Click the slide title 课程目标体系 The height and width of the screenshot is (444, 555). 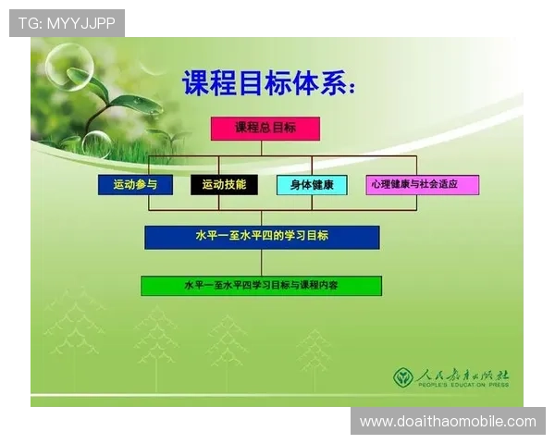tap(268, 84)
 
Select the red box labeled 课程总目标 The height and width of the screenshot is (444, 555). tap(265, 129)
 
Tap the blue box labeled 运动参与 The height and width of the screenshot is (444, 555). tap(135, 184)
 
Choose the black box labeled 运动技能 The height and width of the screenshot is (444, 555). tap(224, 184)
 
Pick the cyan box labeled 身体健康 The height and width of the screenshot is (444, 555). tap(312, 184)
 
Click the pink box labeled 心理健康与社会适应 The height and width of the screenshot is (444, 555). tap(422, 184)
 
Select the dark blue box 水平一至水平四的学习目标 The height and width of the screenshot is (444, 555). tap(262, 237)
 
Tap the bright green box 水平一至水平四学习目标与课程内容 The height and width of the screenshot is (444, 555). tap(261, 286)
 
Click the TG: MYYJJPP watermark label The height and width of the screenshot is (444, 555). tap(67, 23)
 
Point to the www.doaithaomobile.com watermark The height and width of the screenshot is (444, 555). tap(448, 422)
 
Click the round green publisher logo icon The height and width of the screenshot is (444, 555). tap(402, 377)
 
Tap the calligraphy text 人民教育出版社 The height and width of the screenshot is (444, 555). tap(462, 375)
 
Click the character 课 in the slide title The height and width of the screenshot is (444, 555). tap(198, 84)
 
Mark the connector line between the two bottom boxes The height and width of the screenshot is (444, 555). tap(261, 263)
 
